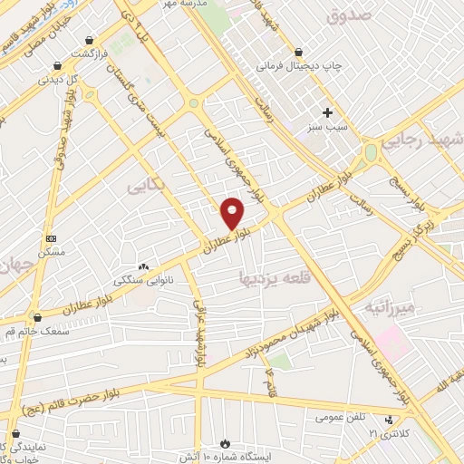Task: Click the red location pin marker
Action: click(x=233, y=212)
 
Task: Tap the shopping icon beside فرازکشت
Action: click(x=90, y=41)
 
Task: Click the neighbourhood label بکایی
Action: click(x=147, y=184)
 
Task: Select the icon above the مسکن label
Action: click(x=51, y=238)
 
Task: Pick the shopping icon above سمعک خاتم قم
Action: click(x=37, y=317)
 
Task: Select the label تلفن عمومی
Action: click(x=340, y=418)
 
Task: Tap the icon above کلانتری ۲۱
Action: click(x=389, y=420)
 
